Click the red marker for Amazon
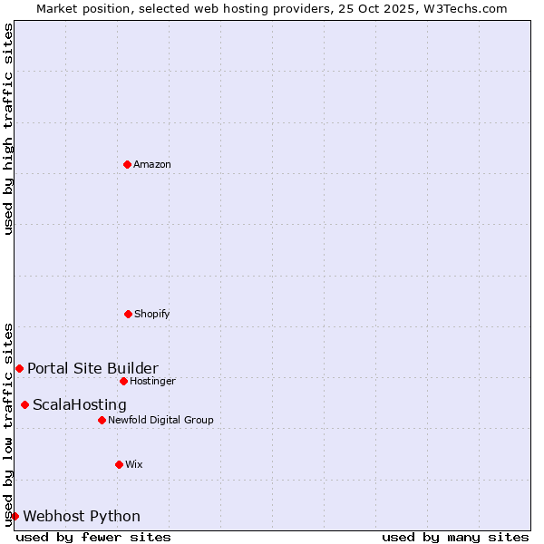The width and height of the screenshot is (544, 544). coord(127,164)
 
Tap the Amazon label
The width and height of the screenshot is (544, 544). coord(152,164)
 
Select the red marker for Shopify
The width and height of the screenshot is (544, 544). coord(128,314)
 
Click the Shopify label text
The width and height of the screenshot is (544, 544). coord(152,314)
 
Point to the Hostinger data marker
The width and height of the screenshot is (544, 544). coord(123,381)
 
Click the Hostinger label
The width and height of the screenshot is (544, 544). coord(152,381)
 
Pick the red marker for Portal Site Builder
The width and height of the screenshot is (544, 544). coord(19,368)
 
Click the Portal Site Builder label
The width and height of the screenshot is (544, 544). coord(92,368)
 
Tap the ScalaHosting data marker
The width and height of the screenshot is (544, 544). coord(24,404)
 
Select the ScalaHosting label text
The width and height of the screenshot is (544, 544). coord(80,404)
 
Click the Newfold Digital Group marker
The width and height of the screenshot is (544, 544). coord(102,420)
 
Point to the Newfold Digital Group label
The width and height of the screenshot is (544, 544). coord(160,420)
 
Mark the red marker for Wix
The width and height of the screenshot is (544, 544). coord(119,464)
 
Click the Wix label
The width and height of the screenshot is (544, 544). coord(134,464)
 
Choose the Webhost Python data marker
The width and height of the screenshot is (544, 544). coord(15,516)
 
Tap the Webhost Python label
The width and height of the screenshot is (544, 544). coord(82,516)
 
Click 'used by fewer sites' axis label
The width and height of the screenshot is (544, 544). coord(93,537)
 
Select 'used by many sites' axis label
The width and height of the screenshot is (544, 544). coord(455,537)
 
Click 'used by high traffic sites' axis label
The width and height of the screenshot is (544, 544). coord(8,129)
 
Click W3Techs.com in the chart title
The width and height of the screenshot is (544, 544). coord(465,8)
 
